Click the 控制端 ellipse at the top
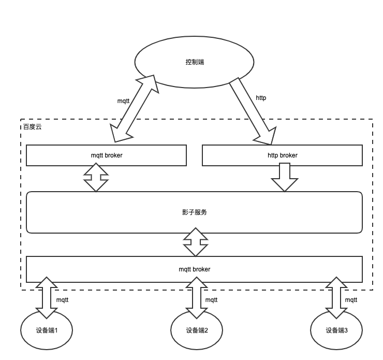[x=194, y=62]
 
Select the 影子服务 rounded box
[x=194, y=212]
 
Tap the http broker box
[x=282, y=155]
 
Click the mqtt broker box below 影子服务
[x=194, y=269]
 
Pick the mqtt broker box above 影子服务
[x=106, y=155]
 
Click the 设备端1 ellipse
[x=47, y=330]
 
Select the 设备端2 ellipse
[x=197, y=330]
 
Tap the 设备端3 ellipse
[x=336, y=330]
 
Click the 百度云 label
[x=32, y=126]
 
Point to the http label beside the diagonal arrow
[x=261, y=98]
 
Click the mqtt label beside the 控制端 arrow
[x=123, y=101]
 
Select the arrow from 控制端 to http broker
[x=252, y=111]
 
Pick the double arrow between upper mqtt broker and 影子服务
[x=96, y=177]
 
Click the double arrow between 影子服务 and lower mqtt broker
[x=196, y=242]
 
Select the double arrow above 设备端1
[x=47, y=298]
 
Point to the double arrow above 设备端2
[x=196, y=298]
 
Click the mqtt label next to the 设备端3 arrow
[x=351, y=300]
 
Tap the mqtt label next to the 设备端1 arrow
[x=62, y=300]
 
